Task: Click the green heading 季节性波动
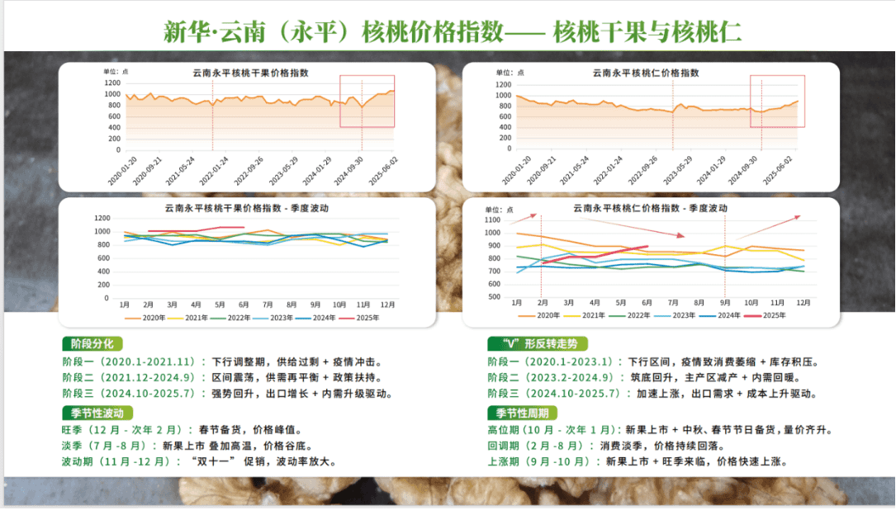[x=97, y=413]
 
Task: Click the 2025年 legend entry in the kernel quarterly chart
[x=767, y=314]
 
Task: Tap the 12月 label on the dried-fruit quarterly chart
[x=386, y=304]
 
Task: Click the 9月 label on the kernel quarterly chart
[x=725, y=303]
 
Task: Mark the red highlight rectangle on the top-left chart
[x=367, y=102]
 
